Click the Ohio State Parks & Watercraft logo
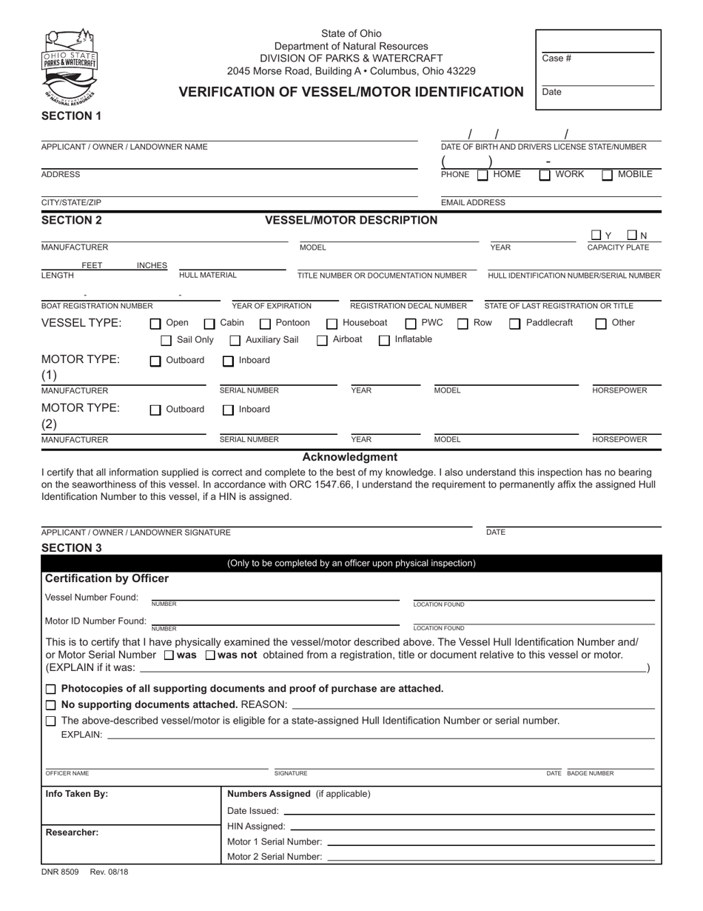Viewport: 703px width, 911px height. coord(71,65)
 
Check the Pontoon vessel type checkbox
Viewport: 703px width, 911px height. coord(266,324)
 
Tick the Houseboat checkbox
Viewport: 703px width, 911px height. coord(332,324)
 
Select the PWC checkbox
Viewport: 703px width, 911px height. coord(411,324)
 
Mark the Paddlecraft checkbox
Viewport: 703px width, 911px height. coord(515,324)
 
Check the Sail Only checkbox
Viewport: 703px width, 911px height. coord(166,341)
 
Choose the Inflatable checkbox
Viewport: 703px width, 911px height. coord(384,341)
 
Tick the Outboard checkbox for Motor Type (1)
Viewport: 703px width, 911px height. coord(155,361)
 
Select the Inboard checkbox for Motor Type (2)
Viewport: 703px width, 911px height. coord(229,410)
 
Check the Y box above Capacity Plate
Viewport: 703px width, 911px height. coord(596,236)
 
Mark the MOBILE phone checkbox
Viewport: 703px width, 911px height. coord(607,176)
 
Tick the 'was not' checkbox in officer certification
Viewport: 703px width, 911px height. coord(210,655)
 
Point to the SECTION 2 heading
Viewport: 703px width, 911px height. coord(72,220)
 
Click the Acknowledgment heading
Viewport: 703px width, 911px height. coord(350,457)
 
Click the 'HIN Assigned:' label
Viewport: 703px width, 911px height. coord(256,826)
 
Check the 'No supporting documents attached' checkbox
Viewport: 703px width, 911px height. coord(50,704)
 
